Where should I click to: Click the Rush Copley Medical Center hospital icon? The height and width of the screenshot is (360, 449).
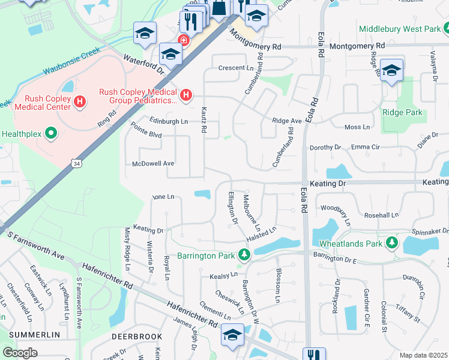point(79,101)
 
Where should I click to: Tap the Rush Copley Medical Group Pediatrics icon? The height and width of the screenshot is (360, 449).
point(187,95)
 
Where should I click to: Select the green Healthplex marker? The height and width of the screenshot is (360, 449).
point(50,133)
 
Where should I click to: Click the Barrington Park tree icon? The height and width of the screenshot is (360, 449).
point(244,255)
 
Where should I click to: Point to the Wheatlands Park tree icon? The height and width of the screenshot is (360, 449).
point(392,243)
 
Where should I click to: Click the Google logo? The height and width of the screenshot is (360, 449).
point(20,352)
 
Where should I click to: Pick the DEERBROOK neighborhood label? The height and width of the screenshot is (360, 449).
point(137,337)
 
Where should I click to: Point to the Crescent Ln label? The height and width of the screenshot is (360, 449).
point(236,68)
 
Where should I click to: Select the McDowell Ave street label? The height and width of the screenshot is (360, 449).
point(153,163)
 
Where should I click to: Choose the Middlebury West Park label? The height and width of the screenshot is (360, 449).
point(399,29)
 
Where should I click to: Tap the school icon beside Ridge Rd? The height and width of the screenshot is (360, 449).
point(391,70)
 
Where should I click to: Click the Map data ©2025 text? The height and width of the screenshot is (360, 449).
point(423,355)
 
